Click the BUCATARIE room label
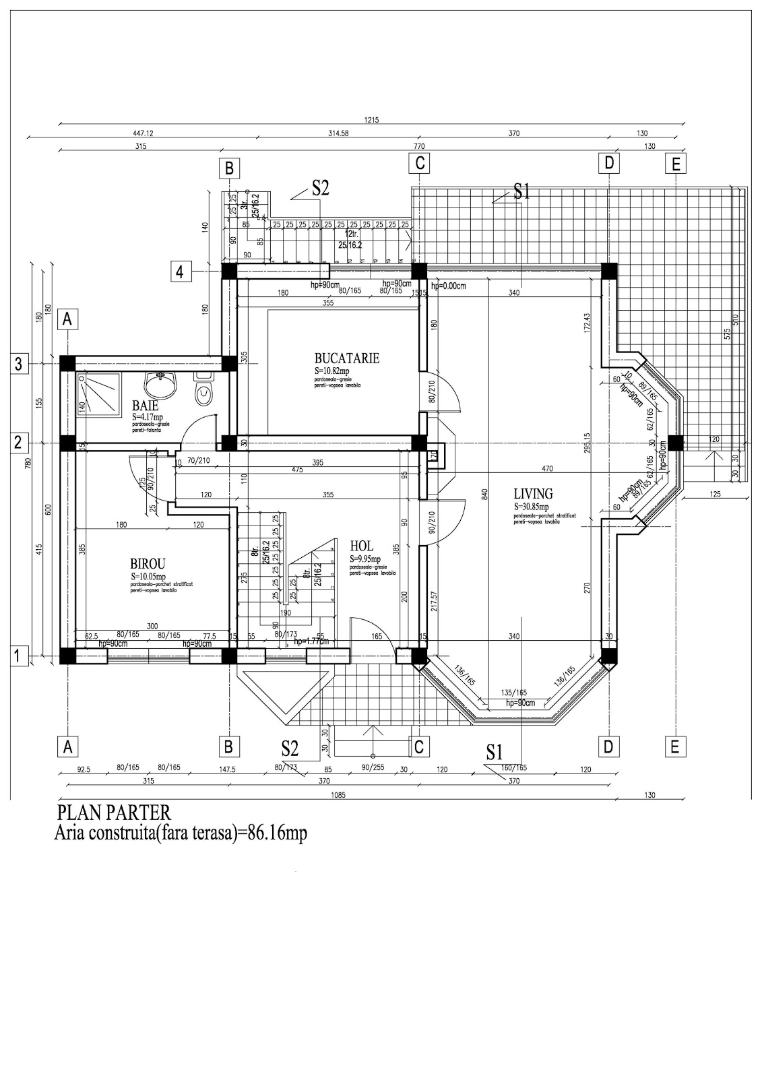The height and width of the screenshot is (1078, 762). coord(346,358)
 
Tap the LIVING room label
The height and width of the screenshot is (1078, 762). coord(532,494)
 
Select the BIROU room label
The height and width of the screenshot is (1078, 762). coord(148,564)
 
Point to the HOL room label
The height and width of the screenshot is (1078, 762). coord(361,546)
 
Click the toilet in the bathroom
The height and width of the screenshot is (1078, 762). coord(201,389)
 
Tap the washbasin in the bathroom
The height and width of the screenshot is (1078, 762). coord(161,383)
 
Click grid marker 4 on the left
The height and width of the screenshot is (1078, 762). coord(179,272)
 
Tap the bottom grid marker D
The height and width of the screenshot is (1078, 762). coord(608,747)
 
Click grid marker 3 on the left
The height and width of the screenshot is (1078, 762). coord(18,364)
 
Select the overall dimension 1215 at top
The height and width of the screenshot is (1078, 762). coord(371,121)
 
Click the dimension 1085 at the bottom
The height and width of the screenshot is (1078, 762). coord(338,795)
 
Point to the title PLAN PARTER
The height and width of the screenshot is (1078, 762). coord(114,812)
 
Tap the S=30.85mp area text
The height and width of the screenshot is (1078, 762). coord(532,507)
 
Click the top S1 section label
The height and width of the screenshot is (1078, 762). coord(522,191)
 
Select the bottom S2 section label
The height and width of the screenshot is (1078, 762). coord(290,748)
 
